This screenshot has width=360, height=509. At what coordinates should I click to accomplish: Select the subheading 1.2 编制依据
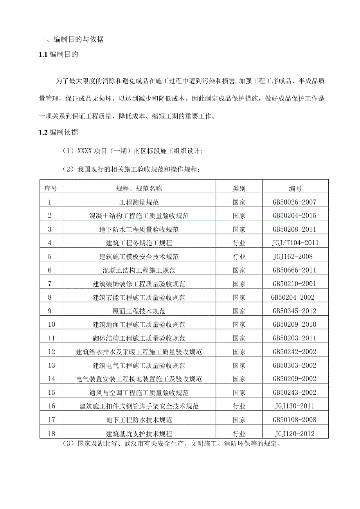(59, 132)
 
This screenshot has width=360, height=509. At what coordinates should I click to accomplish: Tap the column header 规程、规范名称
(139, 189)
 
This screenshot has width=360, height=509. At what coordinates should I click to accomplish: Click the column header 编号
(295, 189)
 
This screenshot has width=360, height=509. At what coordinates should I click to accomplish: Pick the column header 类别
(239, 189)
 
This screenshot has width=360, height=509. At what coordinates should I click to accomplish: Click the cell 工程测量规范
(139, 202)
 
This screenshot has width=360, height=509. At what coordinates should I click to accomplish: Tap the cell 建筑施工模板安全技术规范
(139, 257)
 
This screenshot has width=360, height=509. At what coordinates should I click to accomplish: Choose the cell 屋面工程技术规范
(139, 311)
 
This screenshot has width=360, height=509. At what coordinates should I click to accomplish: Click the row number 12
(51, 352)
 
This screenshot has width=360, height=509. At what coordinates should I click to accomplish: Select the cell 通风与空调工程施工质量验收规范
(139, 392)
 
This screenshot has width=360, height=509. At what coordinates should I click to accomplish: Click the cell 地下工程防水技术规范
(139, 420)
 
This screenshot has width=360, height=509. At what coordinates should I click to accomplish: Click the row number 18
(51, 433)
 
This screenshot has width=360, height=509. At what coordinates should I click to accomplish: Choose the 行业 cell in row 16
(239, 406)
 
